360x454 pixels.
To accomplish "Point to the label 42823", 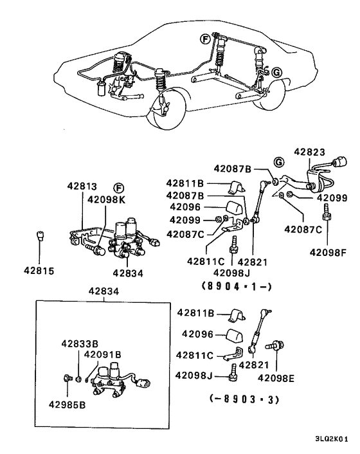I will tap(310, 152).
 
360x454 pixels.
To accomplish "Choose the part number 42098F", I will tap(327, 253).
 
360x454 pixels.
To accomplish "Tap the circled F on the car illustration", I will tap(205, 39).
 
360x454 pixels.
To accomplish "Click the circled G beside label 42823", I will tap(279, 160).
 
